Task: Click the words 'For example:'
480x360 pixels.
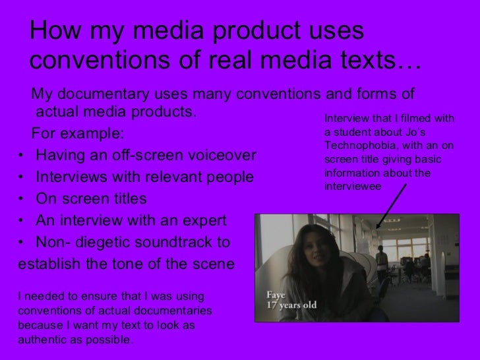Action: coord(77,134)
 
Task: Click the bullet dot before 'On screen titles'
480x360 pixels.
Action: coord(23,199)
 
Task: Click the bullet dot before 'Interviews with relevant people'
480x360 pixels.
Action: coord(23,177)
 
